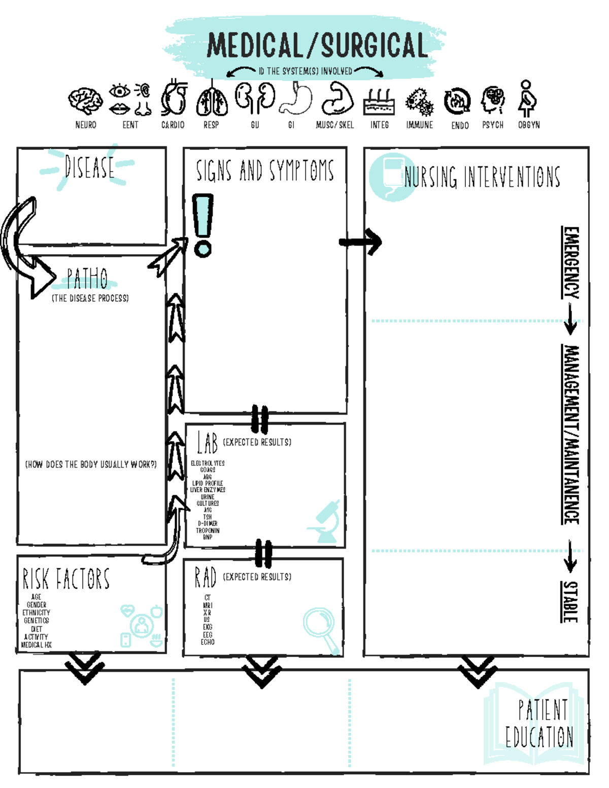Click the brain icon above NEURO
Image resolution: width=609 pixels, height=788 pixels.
click(x=85, y=100)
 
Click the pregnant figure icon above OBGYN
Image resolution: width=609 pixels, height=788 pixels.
click(x=527, y=98)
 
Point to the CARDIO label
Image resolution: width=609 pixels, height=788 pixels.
click(x=173, y=125)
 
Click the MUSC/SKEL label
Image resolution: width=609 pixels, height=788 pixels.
click(x=334, y=125)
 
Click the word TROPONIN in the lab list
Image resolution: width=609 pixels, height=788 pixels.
click(x=208, y=530)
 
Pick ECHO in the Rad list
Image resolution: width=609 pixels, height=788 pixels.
click(x=208, y=642)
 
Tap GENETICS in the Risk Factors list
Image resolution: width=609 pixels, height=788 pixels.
click(x=37, y=621)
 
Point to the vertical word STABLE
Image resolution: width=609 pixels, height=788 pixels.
click(x=570, y=602)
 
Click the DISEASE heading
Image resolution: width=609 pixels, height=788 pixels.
click(x=89, y=167)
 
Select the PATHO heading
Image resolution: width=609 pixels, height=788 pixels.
click(x=87, y=278)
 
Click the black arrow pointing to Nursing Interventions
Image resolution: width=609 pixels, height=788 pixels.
click(x=361, y=242)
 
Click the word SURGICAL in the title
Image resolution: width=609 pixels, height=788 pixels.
click(x=375, y=46)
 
